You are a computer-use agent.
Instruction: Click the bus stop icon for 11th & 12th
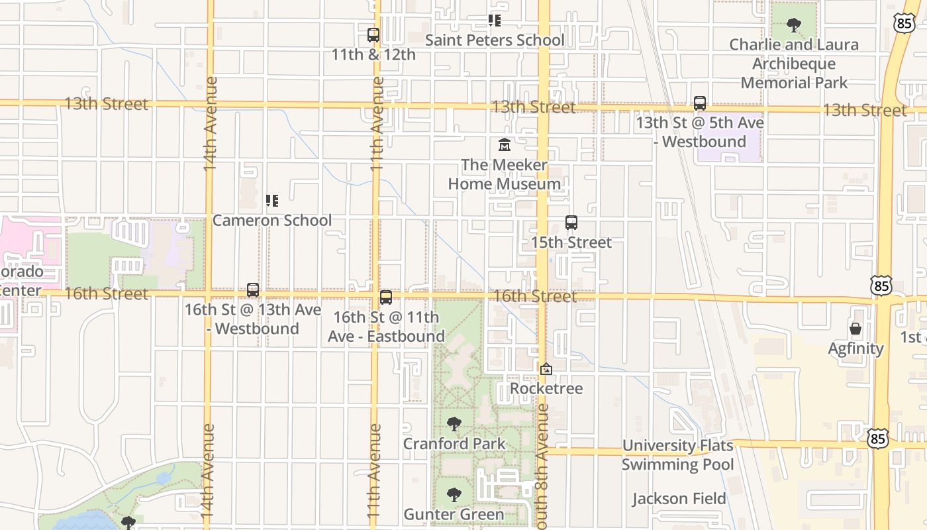coord(373,35)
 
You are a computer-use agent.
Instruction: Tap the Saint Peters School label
coord(495,40)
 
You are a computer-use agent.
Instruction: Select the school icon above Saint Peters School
coord(495,21)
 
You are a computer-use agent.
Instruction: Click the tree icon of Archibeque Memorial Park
coord(794,26)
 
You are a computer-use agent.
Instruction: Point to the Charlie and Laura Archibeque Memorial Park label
coord(794,64)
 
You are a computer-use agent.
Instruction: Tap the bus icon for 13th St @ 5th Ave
coord(700,103)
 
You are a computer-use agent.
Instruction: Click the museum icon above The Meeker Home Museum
coord(505,144)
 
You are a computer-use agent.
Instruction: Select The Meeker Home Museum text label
coord(505,174)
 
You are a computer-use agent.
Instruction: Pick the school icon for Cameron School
coord(271,200)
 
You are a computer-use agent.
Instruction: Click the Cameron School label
coord(271,220)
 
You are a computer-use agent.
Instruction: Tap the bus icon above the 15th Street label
coord(571,223)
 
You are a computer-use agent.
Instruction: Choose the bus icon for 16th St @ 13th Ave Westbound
coord(253,290)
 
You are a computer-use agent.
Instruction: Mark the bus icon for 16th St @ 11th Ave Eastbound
coord(386,297)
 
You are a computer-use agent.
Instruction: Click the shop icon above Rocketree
coord(546,369)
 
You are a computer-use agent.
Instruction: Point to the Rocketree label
coord(546,388)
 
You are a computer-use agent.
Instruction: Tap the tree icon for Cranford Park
coord(454,424)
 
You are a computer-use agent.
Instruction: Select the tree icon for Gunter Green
coord(454,495)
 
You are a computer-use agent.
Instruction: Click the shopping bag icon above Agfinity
coord(855,329)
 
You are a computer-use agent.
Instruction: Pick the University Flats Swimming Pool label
coord(677,455)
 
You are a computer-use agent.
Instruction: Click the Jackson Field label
coord(679,499)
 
